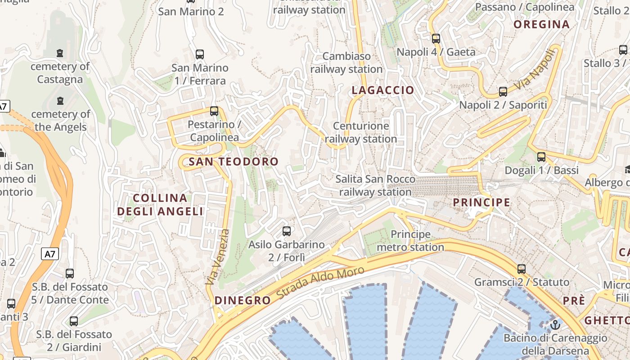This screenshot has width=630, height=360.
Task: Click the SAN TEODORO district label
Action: [x=234, y=162]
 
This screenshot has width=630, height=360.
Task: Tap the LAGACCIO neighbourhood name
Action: [x=382, y=90]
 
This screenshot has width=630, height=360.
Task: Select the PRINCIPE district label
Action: [x=481, y=202]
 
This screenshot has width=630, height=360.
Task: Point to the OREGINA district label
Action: [x=542, y=25]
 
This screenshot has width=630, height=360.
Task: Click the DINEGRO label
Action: [x=243, y=301]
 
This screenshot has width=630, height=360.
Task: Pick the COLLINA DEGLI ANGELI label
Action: [x=160, y=205]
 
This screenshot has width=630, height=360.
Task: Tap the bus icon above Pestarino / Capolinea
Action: [x=214, y=111]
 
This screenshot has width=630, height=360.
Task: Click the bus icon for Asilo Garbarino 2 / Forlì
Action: [x=286, y=231]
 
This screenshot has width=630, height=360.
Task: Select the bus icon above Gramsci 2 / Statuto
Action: [x=522, y=269]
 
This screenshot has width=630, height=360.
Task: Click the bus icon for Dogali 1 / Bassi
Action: [x=541, y=157]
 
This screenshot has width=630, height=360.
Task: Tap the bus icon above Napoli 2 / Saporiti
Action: [x=503, y=92]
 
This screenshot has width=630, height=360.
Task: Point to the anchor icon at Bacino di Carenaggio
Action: [x=555, y=324]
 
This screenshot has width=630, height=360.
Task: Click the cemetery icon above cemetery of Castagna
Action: [x=60, y=53]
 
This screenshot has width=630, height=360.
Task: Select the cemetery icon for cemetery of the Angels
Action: [x=60, y=101]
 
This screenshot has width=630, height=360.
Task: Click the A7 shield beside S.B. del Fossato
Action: [x=50, y=254]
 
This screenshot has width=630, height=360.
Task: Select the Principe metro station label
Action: [x=410, y=241]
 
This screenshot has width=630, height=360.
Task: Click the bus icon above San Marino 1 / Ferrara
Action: [x=200, y=54]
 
